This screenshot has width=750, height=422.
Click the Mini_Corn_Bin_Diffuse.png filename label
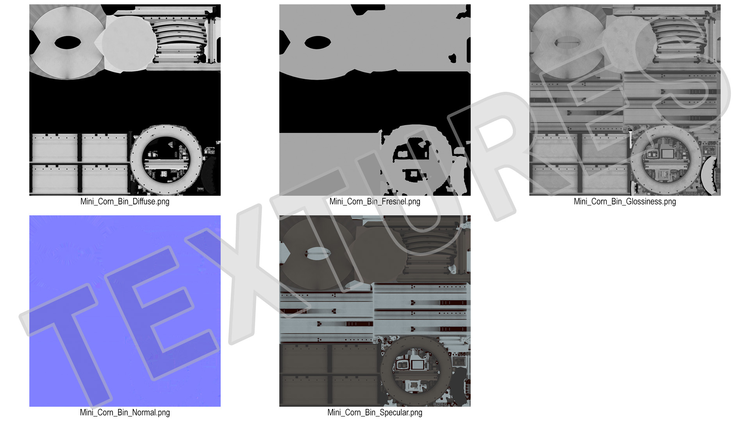[x=125, y=202]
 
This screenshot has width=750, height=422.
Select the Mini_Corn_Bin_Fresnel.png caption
[x=375, y=202]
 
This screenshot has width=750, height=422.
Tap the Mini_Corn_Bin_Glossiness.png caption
[x=625, y=202]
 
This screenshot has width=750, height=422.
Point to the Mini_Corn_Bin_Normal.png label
[x=125, y=413]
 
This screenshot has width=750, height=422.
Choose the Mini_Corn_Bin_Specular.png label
[x=375, y=413]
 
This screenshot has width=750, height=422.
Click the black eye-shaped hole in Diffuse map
[x=68, y=43]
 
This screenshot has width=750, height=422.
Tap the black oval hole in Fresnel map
[x=318, y=43]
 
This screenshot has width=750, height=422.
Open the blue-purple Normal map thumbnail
[x=125, y=311]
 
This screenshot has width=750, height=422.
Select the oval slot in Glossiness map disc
[x=568, y=43]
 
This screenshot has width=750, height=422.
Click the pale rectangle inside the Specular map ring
[x=418, y=365]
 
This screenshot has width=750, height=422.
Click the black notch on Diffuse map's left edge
[x=33, y=43]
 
